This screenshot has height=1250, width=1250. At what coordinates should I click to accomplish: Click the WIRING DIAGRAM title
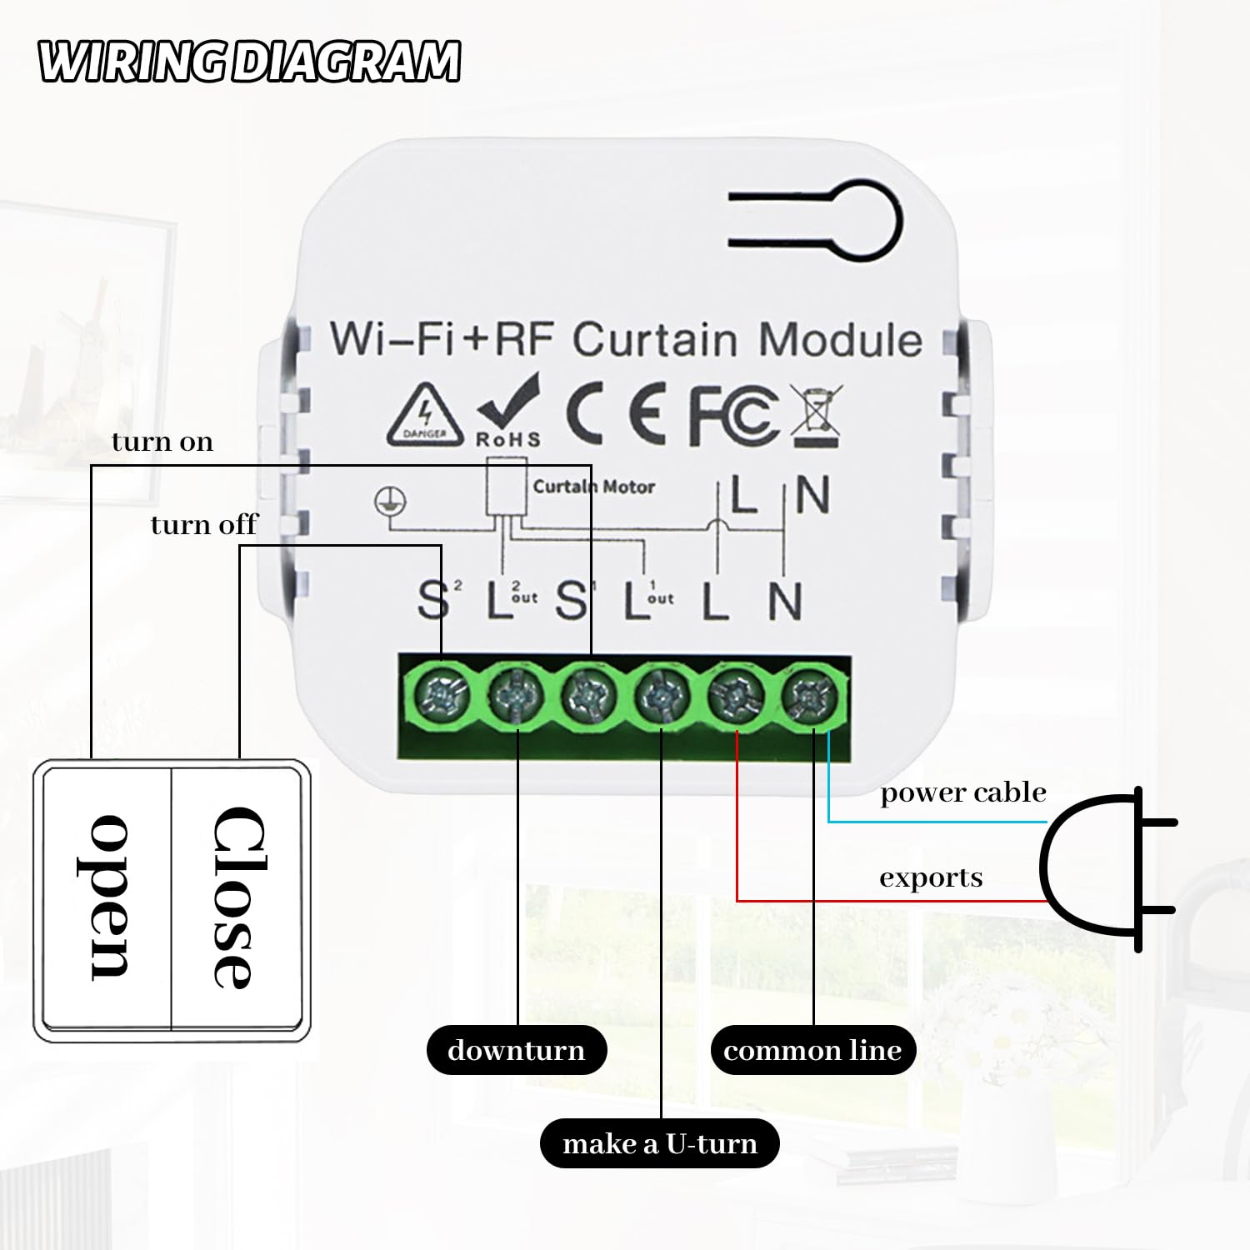click(x=249, y=62)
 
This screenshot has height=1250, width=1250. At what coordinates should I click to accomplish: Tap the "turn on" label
click(x=162, y=442)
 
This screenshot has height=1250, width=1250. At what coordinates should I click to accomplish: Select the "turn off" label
click(x=204, y=525)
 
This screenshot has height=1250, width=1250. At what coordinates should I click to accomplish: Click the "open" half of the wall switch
click(x=107, y=897)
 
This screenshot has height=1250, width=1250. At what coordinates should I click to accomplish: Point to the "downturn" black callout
click(x=517, y=1050)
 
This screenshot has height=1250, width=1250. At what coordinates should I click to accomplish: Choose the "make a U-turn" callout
click(x=660, y=1143)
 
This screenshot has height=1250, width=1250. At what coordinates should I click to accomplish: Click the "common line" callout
click(x=812, y=1050)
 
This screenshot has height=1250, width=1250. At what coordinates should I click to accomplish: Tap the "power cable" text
click(x=962, y=792)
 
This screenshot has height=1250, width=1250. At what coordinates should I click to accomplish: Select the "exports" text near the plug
click(x=931, y=877)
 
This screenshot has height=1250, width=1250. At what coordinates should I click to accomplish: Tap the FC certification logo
click(x=733, y=414)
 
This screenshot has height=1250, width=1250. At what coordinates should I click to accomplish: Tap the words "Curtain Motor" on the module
click(x=594, y=487)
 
